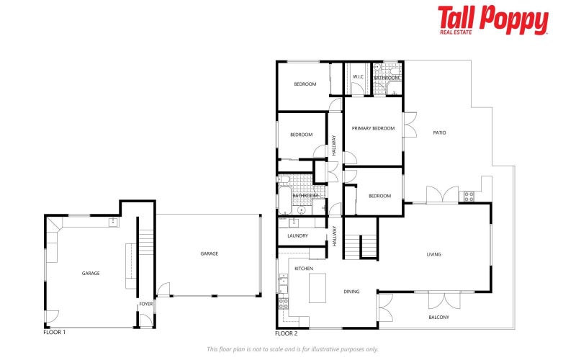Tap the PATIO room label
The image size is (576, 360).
pos(439,132)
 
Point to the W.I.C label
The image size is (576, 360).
pos(357,78)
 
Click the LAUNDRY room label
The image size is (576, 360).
pos(297,235)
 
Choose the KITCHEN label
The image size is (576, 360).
pos(303,268)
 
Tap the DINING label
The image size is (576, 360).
pos(351,292)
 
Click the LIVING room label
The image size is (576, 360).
pos(433,254)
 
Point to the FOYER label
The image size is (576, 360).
pos(146,304)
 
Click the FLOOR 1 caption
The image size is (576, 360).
pos(55,333)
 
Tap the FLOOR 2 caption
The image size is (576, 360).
pos(286,333)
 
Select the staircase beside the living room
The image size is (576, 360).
pos(368,246)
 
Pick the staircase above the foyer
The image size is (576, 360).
pos(146,243)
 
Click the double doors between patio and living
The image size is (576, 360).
pos(441,195)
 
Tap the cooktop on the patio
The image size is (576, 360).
pos(469,195)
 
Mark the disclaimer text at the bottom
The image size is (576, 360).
pos(292,349)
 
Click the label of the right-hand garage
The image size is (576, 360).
pos(209,253)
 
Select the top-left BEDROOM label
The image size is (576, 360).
pos(305,84)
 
